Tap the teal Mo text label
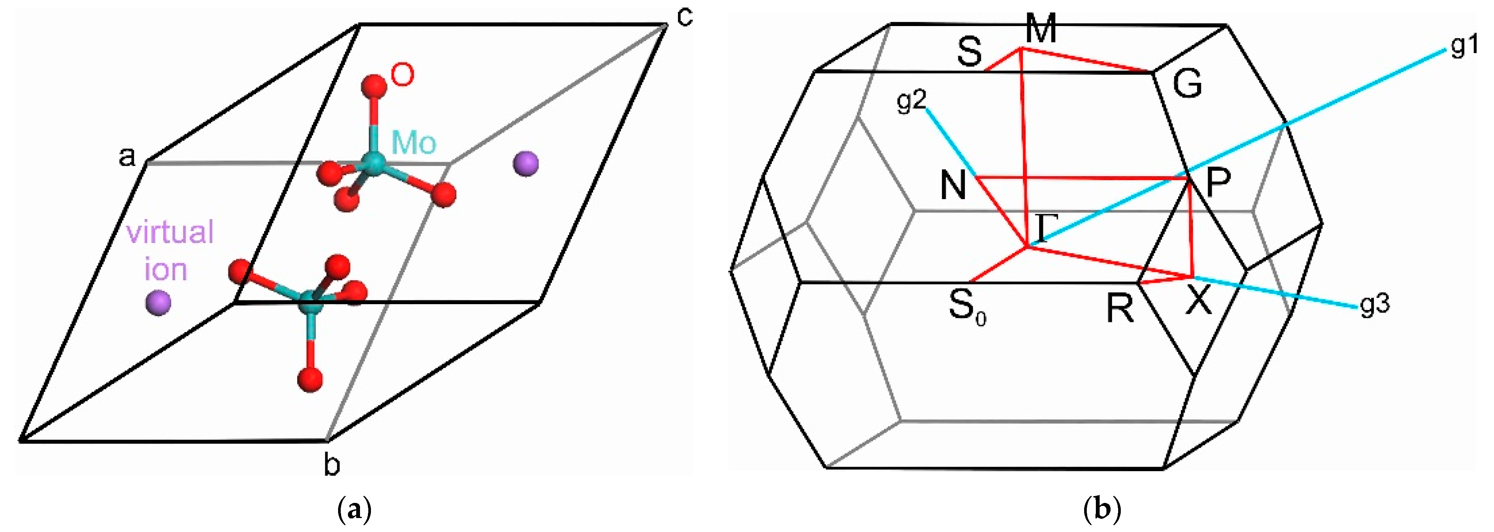coord(414,142)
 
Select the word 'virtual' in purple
coord(170,232)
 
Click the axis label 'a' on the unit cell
coord(127,157)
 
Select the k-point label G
coord(1187,84)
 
